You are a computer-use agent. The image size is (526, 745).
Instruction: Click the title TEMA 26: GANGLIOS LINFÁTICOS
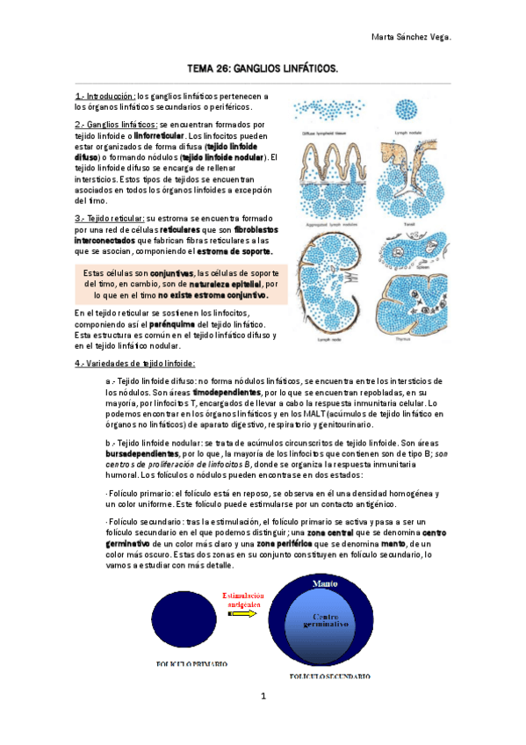263,67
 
